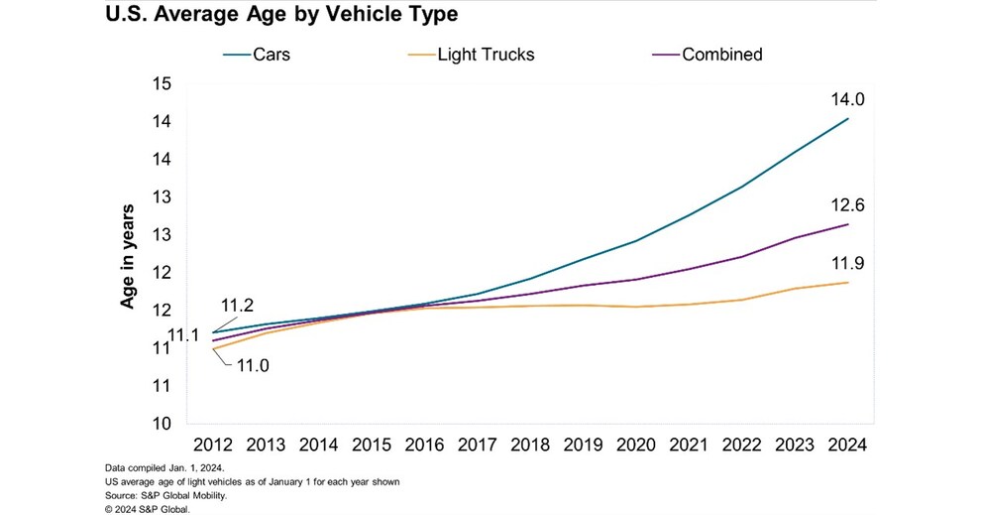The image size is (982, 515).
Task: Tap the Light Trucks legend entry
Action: coord(486,55)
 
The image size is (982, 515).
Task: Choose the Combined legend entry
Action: coord(721,55)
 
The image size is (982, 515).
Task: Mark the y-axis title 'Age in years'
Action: coord(128,257)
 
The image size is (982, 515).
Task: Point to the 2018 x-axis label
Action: coord(525,446)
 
